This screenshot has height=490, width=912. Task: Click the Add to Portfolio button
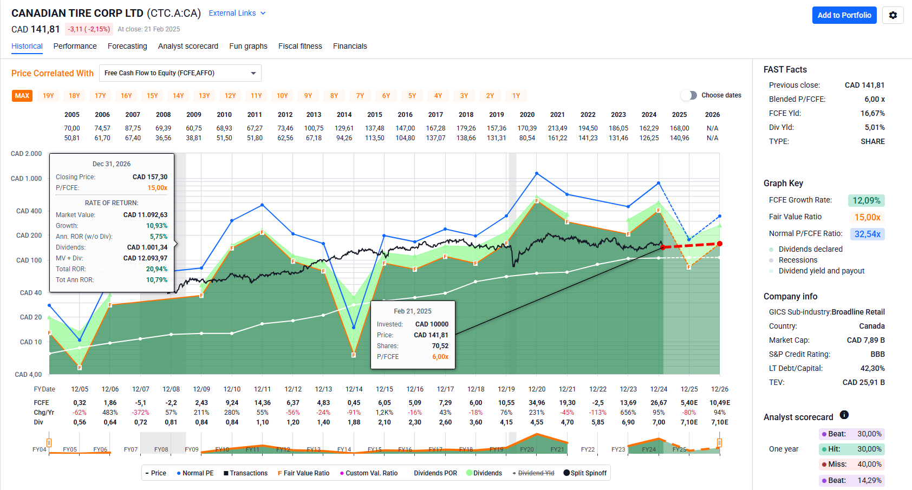coord(844,15)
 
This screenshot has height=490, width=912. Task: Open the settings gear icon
coord(893,15)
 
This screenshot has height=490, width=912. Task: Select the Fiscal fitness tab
coord(300,46)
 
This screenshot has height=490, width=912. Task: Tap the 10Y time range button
coord(282,96)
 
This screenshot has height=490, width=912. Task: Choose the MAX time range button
coord(22,96)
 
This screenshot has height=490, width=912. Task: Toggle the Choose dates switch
coord(689,95)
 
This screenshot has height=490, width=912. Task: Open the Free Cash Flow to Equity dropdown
coord(180,73)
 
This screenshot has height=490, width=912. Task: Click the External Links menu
coord(237,13)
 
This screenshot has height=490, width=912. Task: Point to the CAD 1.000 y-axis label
coord(26,179)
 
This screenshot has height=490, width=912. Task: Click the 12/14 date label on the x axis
coord(354,389)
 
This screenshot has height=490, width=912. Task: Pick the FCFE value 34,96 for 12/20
coord(537,403)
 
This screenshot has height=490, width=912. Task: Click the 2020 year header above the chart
coord(527,115)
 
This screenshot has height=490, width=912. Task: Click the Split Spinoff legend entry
coord(585,473)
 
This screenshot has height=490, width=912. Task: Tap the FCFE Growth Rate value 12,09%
coord(867,200)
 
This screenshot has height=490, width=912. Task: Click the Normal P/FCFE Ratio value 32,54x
coord(867,234)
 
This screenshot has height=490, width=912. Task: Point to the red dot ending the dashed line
coord(719,244)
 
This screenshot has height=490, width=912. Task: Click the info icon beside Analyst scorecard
coord(844,415)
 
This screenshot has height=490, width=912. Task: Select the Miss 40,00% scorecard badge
coord(851,464)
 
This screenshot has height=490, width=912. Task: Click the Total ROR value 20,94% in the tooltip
coord(157,269)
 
